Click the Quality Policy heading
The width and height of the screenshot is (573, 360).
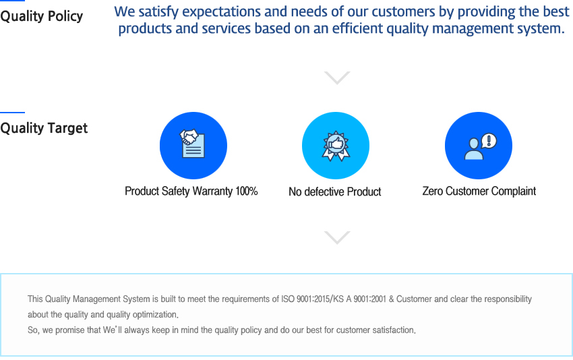tap(42, 16)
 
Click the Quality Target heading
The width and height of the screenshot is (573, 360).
tap(44, 128)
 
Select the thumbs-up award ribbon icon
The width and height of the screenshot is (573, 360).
tap(336, 146)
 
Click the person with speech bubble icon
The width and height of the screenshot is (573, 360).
tap(480, 146)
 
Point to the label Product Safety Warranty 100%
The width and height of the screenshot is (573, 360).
tap(191, 191)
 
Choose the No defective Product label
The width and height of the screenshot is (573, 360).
tap(335, 191)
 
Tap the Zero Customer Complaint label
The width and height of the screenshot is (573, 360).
tap(479, 191)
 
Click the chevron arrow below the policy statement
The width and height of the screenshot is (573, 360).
tap(337, 78)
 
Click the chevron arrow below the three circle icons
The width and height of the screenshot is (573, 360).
tap(337, 237)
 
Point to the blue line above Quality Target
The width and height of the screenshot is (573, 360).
tap(12, 112)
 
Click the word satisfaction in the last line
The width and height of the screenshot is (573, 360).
tap(394, 330)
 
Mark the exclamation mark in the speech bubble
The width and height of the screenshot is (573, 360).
tap(489, 140)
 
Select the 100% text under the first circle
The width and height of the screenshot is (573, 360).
tap(247, 191)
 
